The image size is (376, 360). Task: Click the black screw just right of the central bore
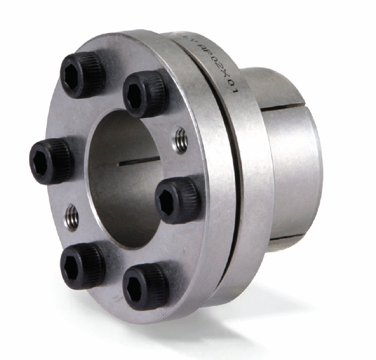178,200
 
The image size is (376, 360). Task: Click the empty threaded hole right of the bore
180,140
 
